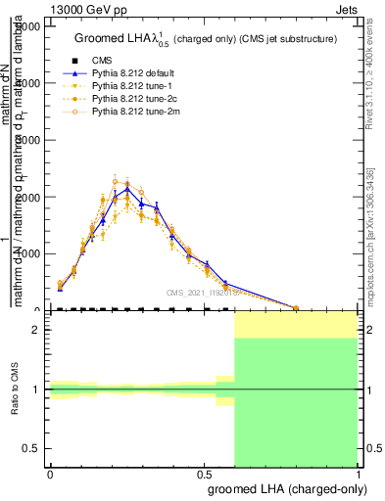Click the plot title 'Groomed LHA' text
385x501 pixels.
[117, 39]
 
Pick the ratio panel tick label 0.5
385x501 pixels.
[33, 448]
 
